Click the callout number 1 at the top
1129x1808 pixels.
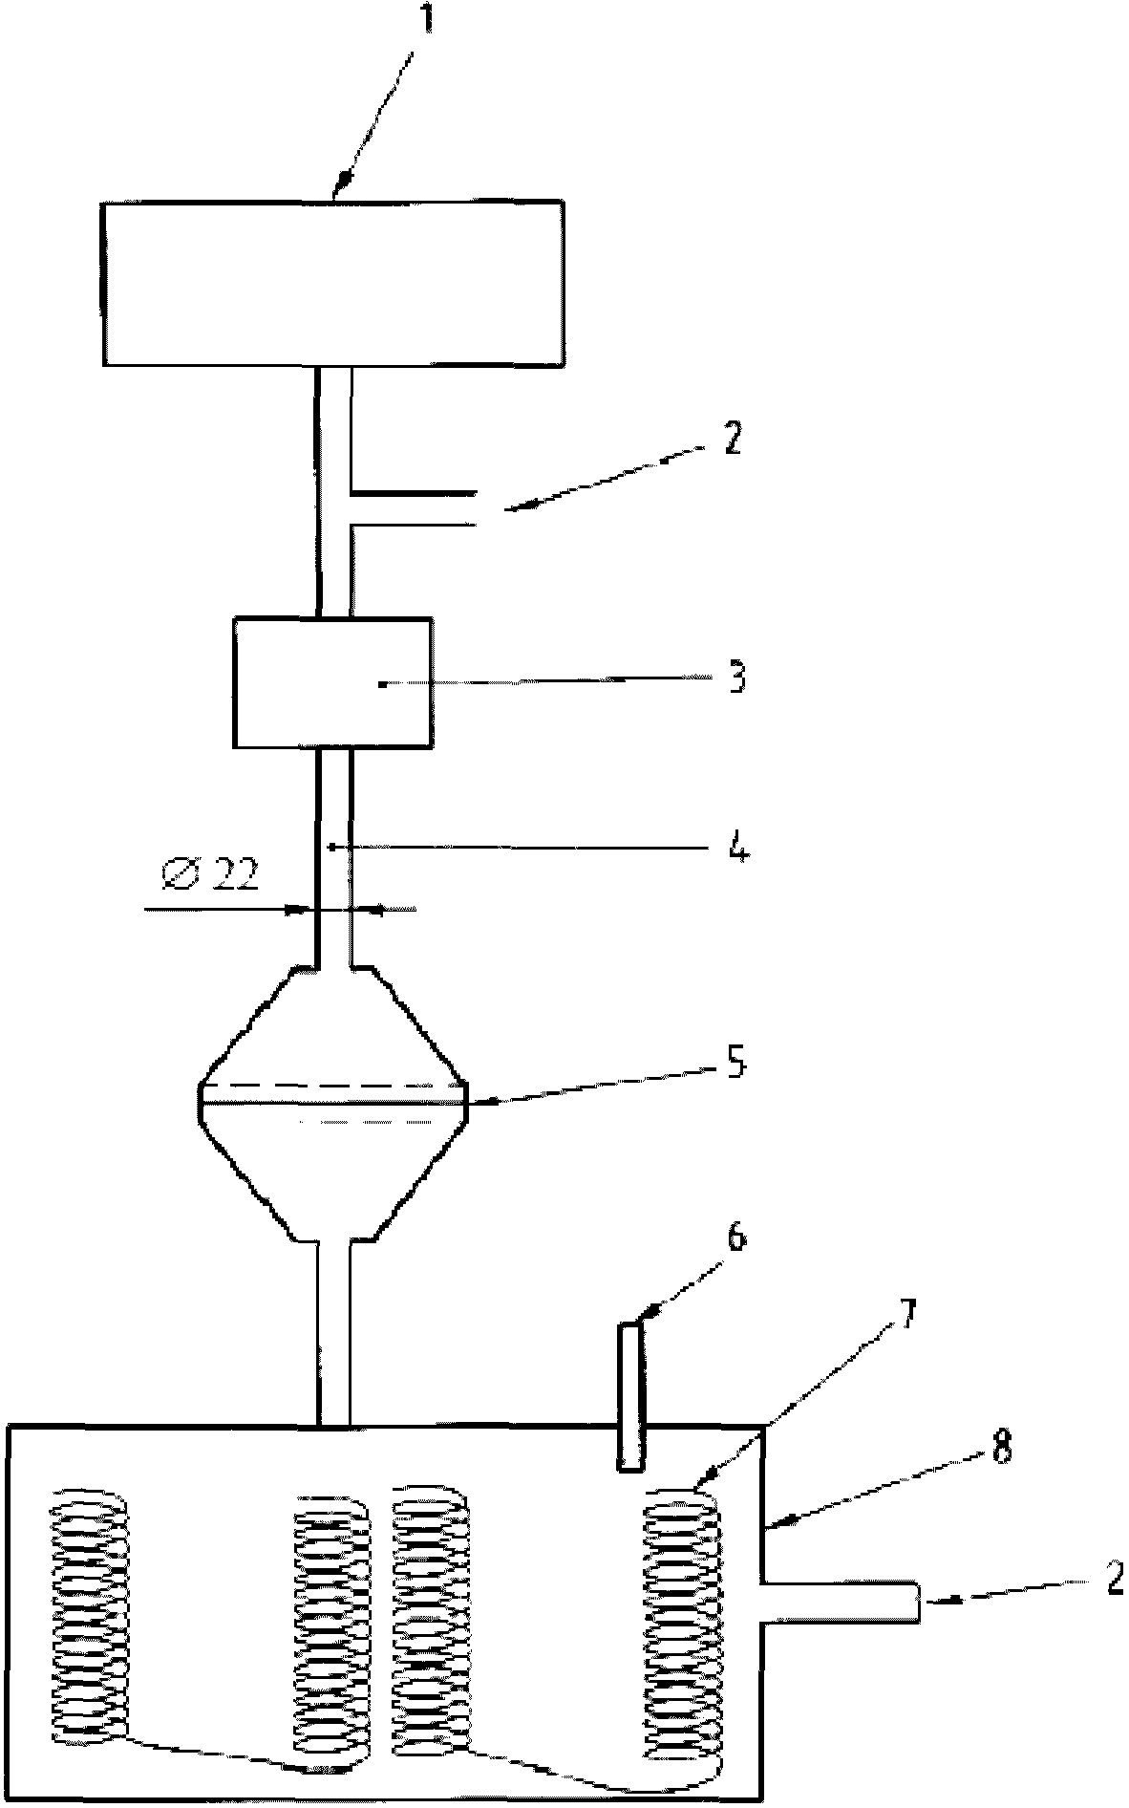coord(426,22)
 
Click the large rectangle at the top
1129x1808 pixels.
coord(332,282)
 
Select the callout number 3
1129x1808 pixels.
coord(736,678)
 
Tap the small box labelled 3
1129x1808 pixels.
coord(332,682)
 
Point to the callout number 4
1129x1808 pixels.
coord(738,847)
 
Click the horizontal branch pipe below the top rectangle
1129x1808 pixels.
coord(414,508)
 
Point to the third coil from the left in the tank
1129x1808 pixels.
coord(433,1629)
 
